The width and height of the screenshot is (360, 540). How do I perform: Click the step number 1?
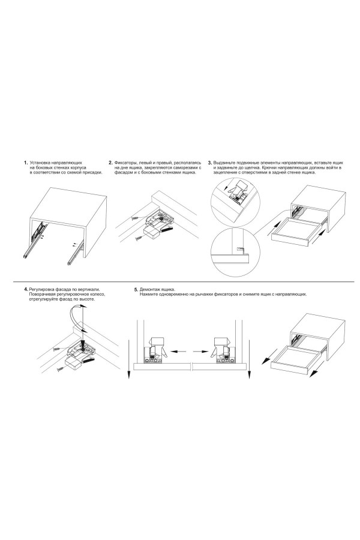click(x=25, y=162)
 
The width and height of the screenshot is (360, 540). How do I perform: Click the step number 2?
click(x=110, y=162)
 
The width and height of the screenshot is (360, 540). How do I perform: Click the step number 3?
click(x=210, y=162)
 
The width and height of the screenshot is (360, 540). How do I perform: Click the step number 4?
click(x=26, y=289)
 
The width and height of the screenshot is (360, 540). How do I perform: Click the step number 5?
click(x=136, y=290)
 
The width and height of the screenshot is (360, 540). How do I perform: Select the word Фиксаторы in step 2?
click(x=124, y=162)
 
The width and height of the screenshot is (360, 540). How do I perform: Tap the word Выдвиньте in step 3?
click(x=223, y=162)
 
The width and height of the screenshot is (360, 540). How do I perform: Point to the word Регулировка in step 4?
click(x=40, y=289)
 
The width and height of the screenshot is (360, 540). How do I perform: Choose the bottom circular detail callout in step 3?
click(x=233, y=253)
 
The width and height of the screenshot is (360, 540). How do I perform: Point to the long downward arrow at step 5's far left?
click(x=129, y=358)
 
